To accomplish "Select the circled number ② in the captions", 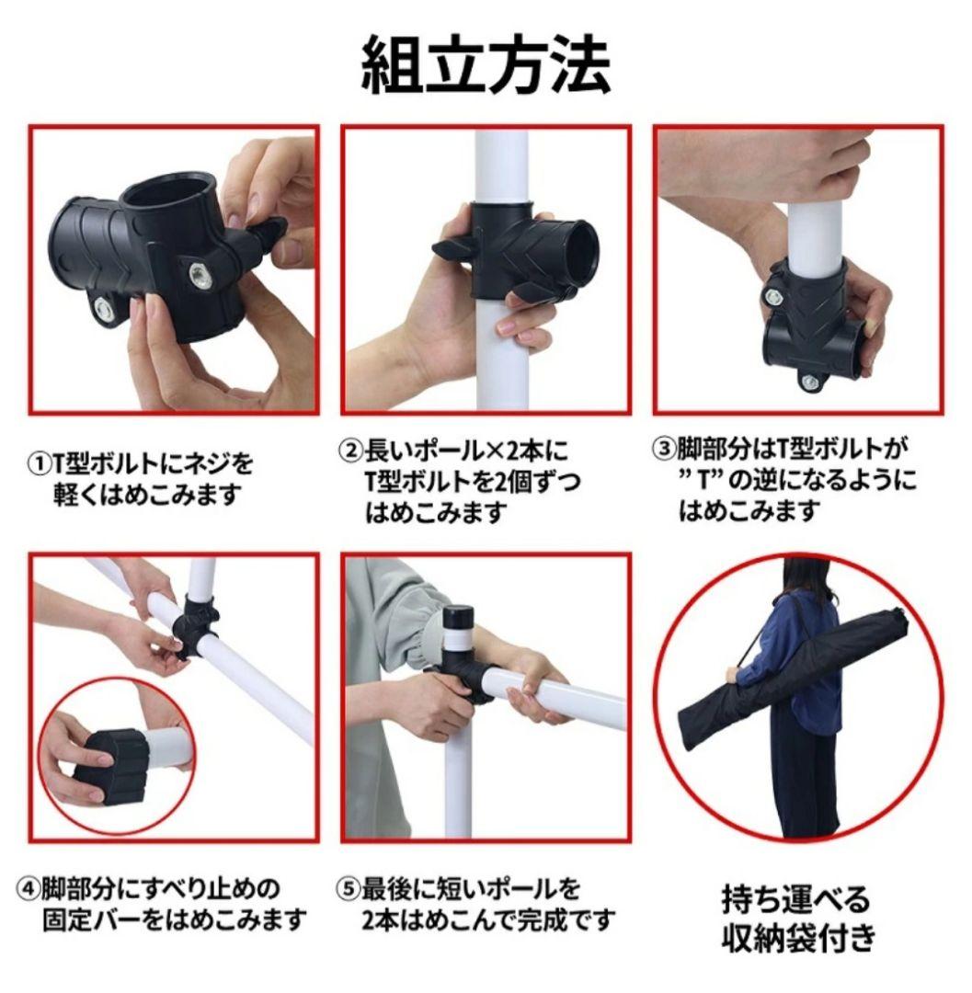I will click(x=350, y=451).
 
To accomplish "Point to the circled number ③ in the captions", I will click(x=663, y=451).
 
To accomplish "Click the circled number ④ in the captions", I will click(x=29, y=889).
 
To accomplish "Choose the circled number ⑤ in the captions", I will click(x=346, y=889).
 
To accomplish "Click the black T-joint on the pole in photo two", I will click(x=515, y=253).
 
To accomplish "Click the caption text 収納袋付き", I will click(x=795, y=939).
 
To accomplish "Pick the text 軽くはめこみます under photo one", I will click(x=147, y=494).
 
